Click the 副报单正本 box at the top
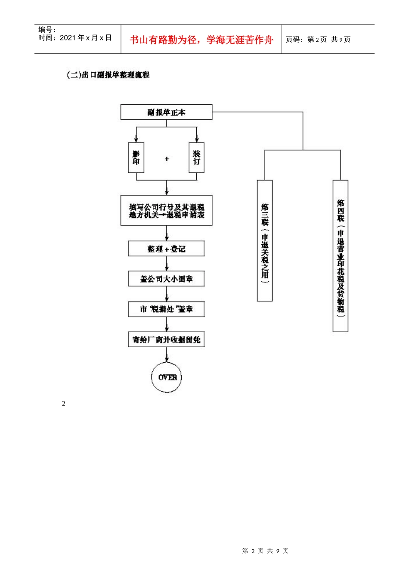coord(166,112)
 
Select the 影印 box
coord(136,158)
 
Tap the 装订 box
coord(197,158)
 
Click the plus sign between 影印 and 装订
coord(167,159)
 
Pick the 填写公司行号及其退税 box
coord(166,211)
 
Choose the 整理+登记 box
coord(166,249)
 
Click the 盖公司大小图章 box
coord(166,279)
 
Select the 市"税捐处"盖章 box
coord(166,309)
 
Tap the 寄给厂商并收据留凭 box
coord(166,339)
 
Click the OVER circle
coord(167,377)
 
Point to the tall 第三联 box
coord(265,240)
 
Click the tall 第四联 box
coord(341,256)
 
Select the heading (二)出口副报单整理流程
coord(108,75)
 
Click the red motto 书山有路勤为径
coord(201,40)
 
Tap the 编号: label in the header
coord(47,30)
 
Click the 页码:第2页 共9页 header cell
coord(318,40)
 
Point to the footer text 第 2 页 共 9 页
coord(265,551)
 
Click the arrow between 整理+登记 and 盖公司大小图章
coord(167,264)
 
